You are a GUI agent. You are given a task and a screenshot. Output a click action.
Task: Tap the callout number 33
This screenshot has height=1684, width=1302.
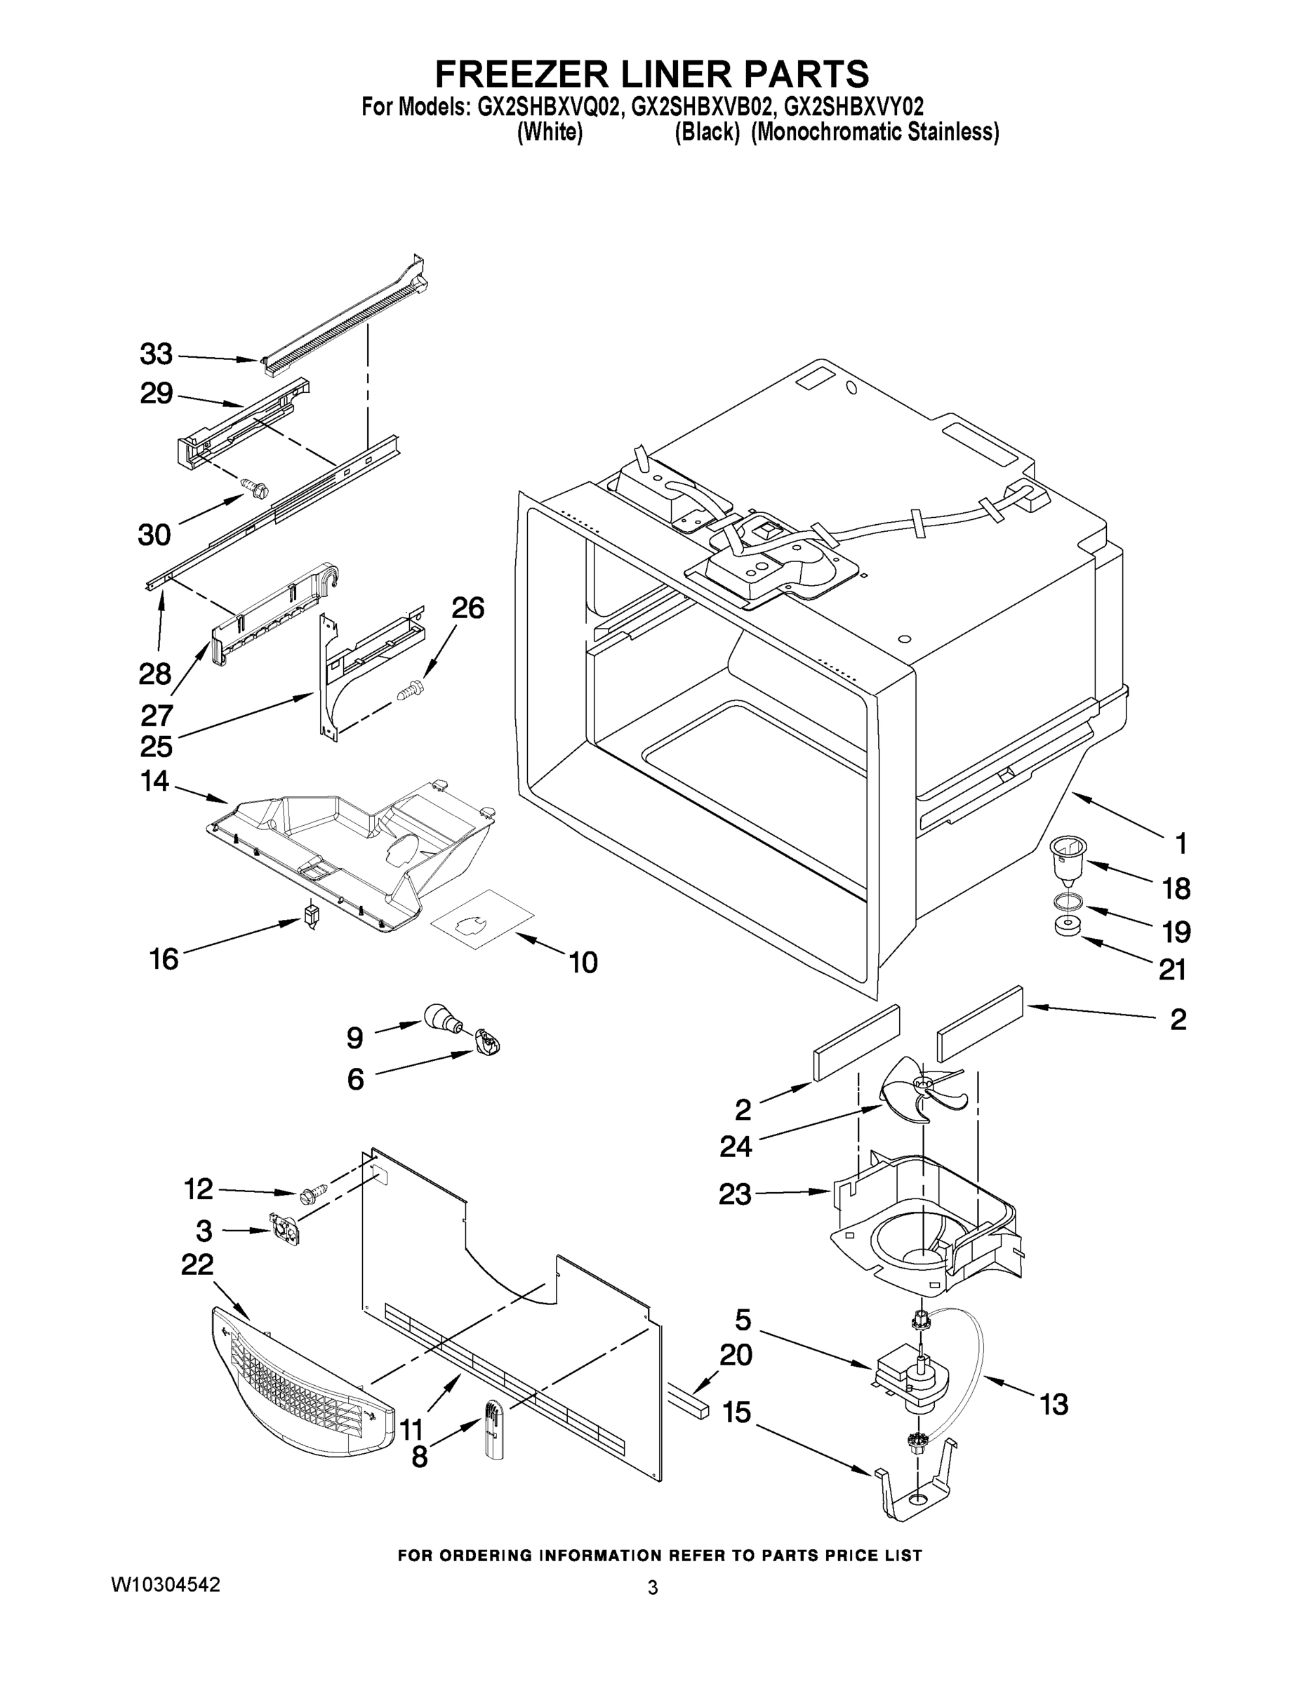coord(156,354)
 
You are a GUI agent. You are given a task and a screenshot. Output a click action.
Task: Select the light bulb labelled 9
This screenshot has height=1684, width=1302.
coord(440,1019)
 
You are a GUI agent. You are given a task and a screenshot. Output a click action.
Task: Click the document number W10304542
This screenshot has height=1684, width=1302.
coord(166,1584)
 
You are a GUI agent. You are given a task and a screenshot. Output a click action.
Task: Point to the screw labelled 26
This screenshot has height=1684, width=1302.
coord(408,688)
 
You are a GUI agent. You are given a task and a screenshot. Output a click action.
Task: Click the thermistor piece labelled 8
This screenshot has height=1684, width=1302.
coord(492,1430)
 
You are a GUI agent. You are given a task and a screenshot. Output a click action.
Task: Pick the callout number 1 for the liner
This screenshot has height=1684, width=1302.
coord(1180,844)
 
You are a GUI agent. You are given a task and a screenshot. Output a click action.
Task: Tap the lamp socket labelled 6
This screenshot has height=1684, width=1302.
coord(489,1043)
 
